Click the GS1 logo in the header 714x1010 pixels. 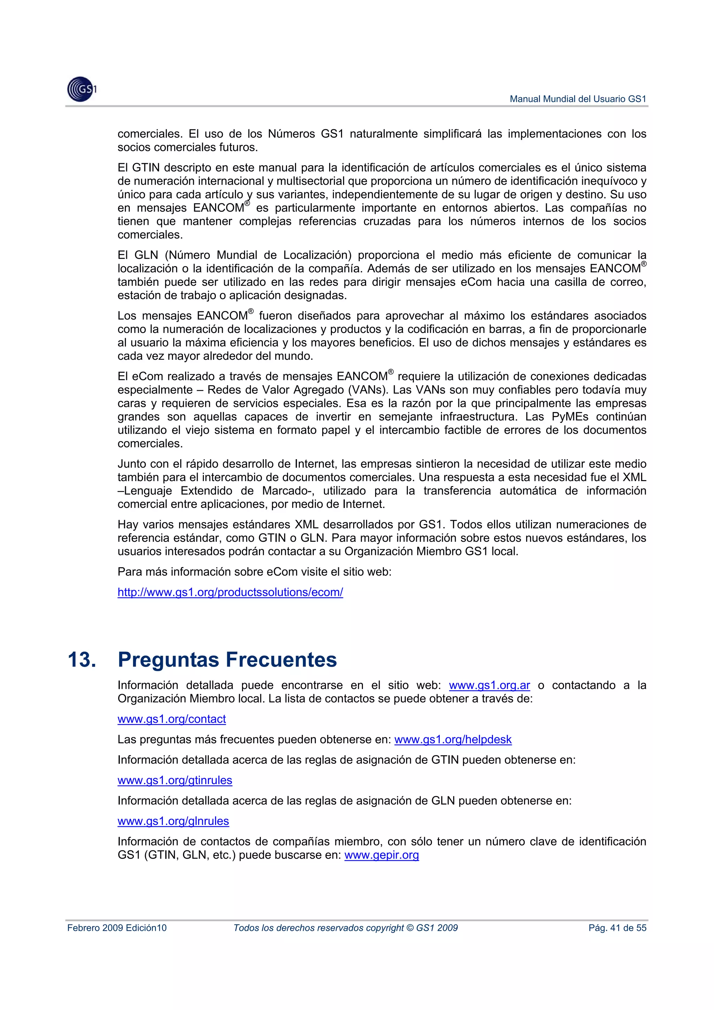coord(81,89)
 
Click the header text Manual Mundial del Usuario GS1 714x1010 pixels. coord(578,99)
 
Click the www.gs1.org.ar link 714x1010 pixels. coord(489,685)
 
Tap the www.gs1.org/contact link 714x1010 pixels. coord(172,719)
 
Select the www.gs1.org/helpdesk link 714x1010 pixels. coord(453,739)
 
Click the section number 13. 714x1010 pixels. coord(82,660)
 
